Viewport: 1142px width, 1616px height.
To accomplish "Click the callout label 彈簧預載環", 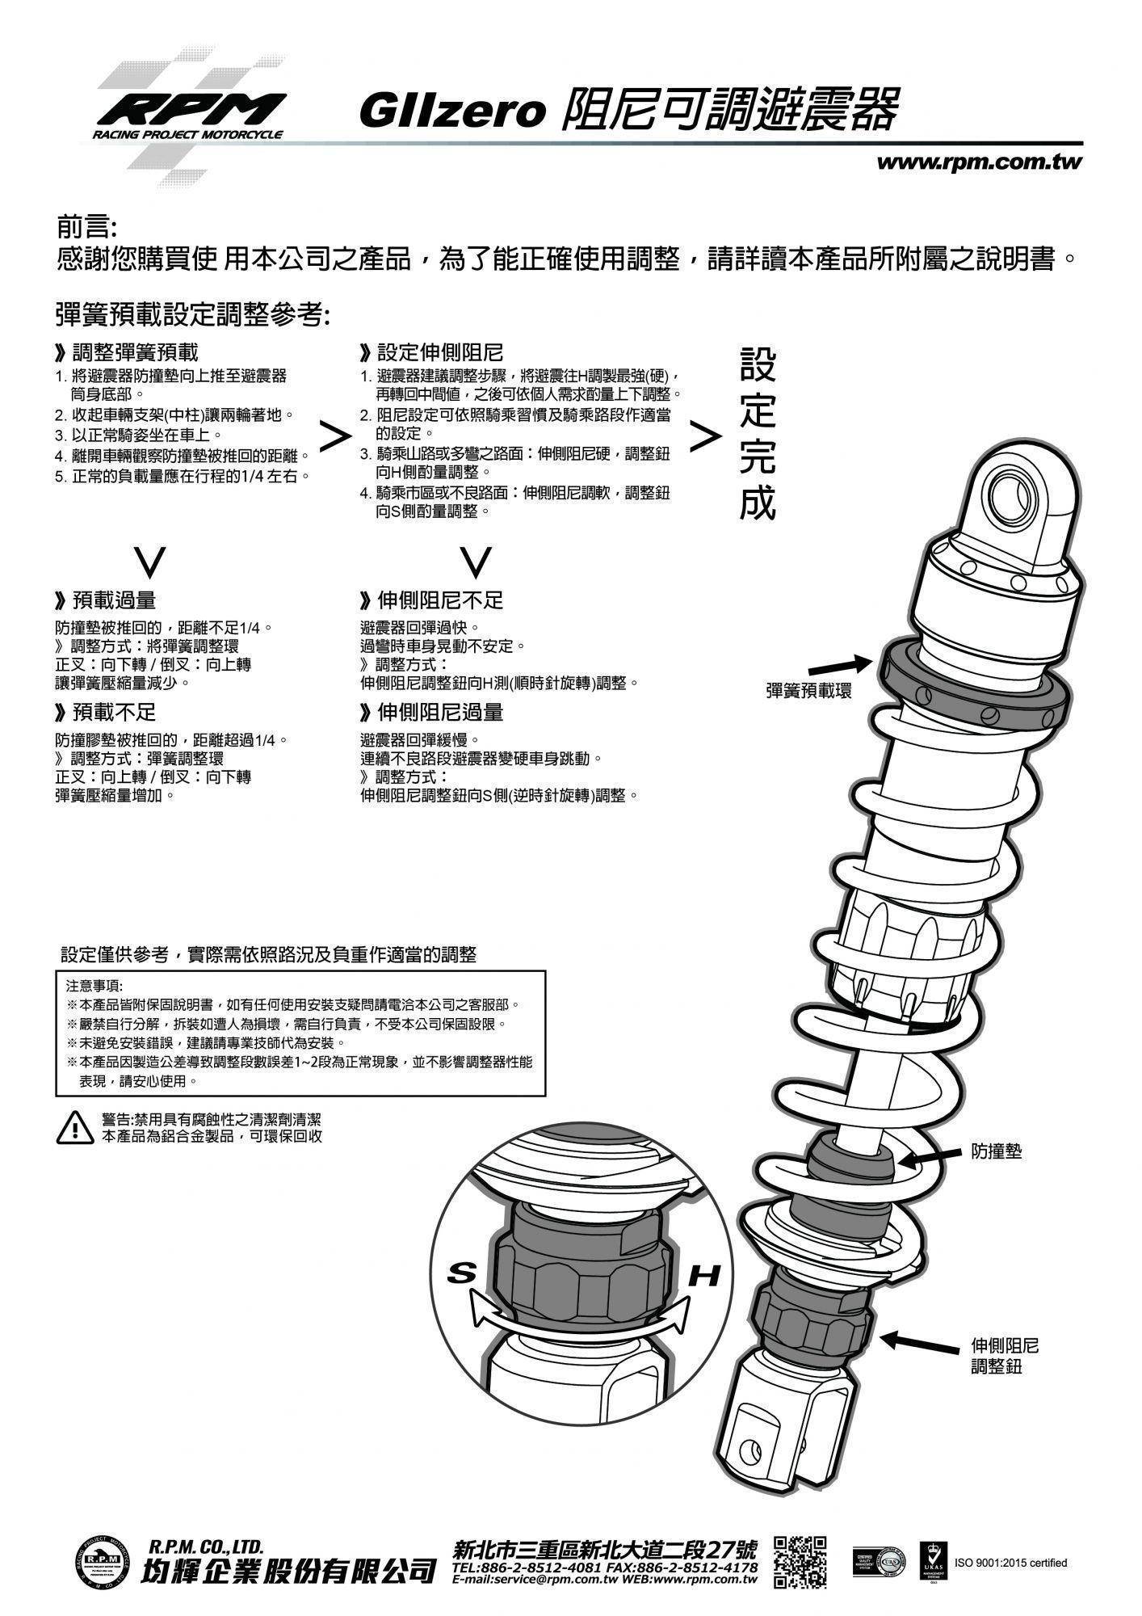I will coord(808,692).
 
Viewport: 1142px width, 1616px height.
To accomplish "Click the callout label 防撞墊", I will coord(996,1151).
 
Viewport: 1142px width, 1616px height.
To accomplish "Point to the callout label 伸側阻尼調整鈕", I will coord(1004,1357).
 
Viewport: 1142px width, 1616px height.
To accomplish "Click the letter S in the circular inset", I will coord(462,1273).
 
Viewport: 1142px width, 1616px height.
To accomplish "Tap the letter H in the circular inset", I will coord(703,1277).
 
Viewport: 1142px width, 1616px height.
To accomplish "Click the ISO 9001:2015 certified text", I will coord(1011,1563).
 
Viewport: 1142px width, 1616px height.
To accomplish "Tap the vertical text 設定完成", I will coord(758,435).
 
